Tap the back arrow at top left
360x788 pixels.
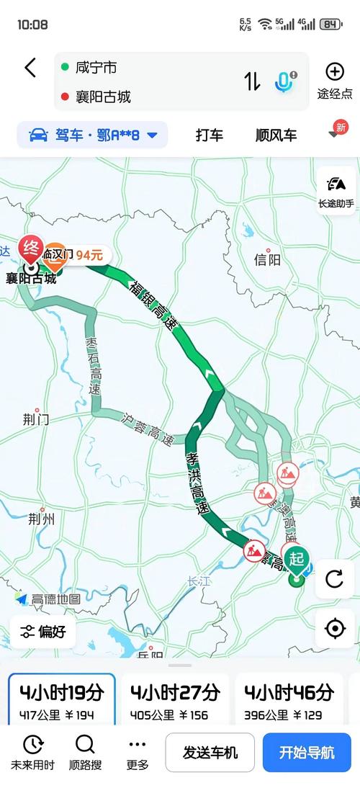coord(30,68)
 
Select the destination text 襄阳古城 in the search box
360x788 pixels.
coord(103,97)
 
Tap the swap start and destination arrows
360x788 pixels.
coord(252,81)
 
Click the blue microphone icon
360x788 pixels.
coord(284,81)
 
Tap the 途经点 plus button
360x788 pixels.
coord(335,71)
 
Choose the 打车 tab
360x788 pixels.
coord(210,135)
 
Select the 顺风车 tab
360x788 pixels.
coord(276,135)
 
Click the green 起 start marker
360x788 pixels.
coord(295,558)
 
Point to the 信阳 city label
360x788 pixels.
coord(267,260)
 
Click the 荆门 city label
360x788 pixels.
coord(35,419)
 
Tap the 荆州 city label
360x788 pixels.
coord(41,519)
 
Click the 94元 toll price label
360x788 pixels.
coord(90,254)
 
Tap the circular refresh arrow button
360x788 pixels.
coord(335,578)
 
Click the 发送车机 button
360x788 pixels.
coord(210,753)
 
